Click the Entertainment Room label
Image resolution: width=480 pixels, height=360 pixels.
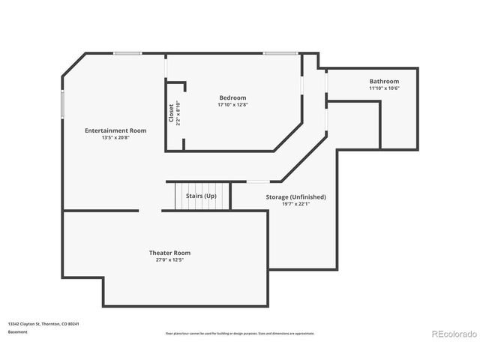[x=115, y=130]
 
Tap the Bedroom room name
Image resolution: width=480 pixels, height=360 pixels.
[x=232, y=98]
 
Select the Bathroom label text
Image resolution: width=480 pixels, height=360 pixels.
[x=384, y=81]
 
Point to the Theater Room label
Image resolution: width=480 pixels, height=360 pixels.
[x=169, y=253]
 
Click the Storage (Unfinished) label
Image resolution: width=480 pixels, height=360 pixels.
[x=295, y=197]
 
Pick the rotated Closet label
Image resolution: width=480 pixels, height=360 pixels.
[x=171, y=113]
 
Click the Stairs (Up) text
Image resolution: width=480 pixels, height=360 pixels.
[x=201, y=196]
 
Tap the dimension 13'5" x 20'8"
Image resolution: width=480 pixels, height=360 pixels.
[x=115, y=137]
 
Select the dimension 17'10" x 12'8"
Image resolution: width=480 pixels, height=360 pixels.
[x=232, y=105]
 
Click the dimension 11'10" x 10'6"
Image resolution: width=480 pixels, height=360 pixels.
[x=384, y=88]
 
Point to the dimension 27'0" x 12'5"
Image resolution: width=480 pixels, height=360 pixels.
[x=169, y=260]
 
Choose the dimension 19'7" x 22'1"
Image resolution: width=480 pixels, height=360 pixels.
[x=295, y=204]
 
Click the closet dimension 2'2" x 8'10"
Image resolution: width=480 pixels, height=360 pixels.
[x=178, y=113]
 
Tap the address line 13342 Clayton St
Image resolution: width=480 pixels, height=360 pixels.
[x=43, y=324]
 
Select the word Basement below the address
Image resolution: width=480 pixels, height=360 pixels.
[x=18, y=331]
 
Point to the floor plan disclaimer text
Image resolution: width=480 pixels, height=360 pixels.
[x=240, y=333]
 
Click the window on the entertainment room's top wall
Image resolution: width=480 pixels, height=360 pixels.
[x=127, y=52]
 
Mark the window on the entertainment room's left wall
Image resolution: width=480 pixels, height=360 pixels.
[x=62, y=104]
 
